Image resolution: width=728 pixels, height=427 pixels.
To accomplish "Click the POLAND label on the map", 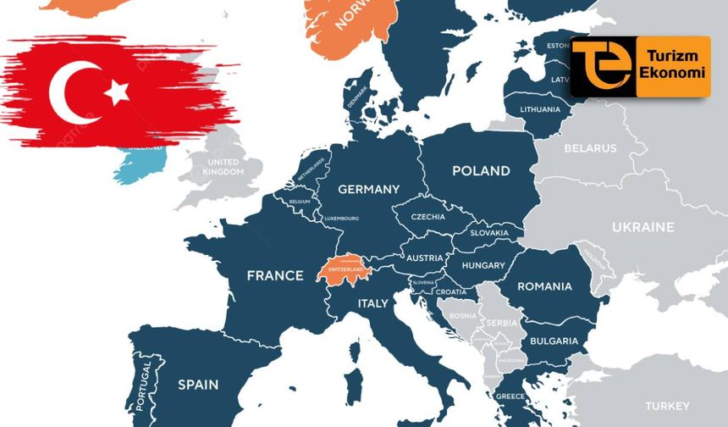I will pos(481,171).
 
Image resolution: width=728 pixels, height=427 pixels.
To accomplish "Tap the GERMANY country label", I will pos(368,190).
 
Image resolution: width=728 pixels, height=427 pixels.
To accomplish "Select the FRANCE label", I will pos(274,275).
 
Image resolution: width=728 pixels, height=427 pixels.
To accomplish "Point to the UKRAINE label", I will pos(643,227).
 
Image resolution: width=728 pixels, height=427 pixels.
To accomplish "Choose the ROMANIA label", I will pos(544,286).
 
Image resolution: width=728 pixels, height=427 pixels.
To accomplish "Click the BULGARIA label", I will pos(554,341).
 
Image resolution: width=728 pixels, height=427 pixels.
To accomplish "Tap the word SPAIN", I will pos(197,385).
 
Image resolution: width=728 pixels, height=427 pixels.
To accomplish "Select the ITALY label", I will pos(372,303).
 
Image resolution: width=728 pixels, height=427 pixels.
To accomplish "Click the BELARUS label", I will pos(591,148).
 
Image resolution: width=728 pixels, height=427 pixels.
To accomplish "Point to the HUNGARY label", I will pos(483,265).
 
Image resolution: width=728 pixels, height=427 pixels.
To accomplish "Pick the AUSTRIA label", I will pos(425,258).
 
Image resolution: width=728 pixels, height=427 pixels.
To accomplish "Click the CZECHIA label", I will pos(427,217).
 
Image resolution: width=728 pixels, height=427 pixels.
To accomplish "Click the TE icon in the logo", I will pos(601,65).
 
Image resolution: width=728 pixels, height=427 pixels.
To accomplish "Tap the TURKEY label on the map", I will pos(668,406).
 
